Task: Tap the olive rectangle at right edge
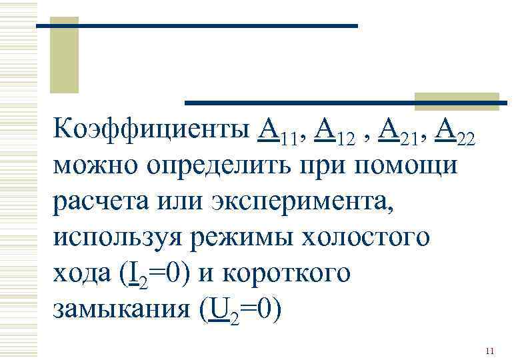coord(456,101)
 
